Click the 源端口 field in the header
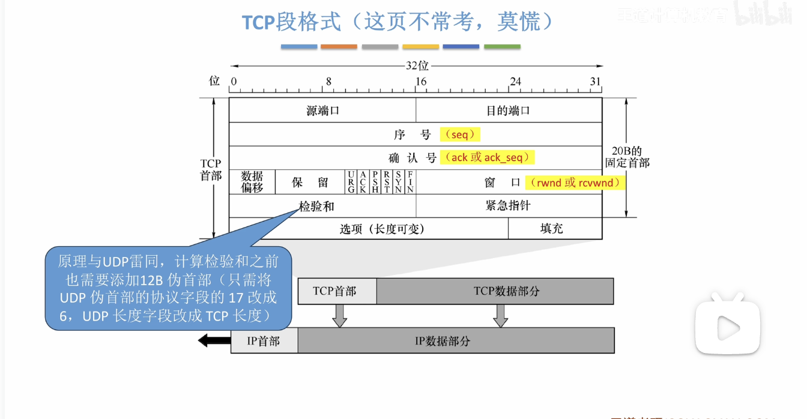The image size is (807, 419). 322,110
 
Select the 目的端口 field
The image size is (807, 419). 508,110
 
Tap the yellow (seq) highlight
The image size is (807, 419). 460,134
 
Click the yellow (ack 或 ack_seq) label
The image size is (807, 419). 487,157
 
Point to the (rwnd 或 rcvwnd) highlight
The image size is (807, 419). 575,182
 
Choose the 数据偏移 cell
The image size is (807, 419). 252,182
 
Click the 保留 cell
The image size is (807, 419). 310,182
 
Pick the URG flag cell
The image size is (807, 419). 351,182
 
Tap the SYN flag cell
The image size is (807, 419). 398,182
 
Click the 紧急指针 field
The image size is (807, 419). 508,206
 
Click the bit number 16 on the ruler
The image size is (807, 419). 421,82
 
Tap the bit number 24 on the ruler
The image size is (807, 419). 515,82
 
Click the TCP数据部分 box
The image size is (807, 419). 495,291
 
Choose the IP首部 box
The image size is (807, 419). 264,341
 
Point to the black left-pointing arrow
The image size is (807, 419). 211,341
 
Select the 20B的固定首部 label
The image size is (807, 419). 627,157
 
